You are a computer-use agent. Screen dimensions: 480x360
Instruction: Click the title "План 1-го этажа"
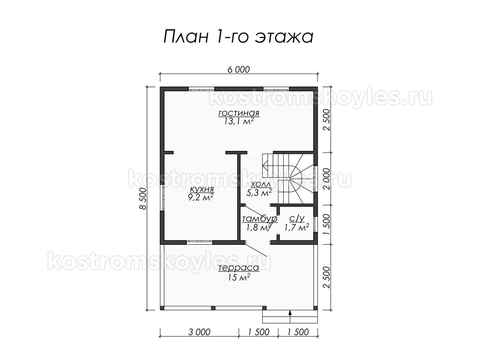238,36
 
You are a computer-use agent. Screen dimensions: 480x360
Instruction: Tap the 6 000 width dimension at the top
238,70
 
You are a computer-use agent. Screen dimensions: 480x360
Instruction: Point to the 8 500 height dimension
143,198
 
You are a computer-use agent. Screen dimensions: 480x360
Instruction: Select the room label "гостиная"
239,114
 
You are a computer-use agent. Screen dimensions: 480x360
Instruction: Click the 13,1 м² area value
239,121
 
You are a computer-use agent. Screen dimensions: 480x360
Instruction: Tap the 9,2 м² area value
201,197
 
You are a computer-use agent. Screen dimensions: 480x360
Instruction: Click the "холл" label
260,185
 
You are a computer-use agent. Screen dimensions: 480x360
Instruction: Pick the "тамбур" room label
260,219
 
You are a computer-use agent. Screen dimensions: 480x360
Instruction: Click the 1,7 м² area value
296,227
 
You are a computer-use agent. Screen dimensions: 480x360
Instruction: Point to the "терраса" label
239,268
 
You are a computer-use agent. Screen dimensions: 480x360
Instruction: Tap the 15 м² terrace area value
239,277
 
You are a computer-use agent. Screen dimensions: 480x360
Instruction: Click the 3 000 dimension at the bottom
199,332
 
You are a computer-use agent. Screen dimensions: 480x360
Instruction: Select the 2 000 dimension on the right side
326,179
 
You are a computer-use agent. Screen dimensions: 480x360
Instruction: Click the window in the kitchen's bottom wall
199,242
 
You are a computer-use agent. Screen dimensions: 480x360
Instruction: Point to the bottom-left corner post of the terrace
162,308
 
